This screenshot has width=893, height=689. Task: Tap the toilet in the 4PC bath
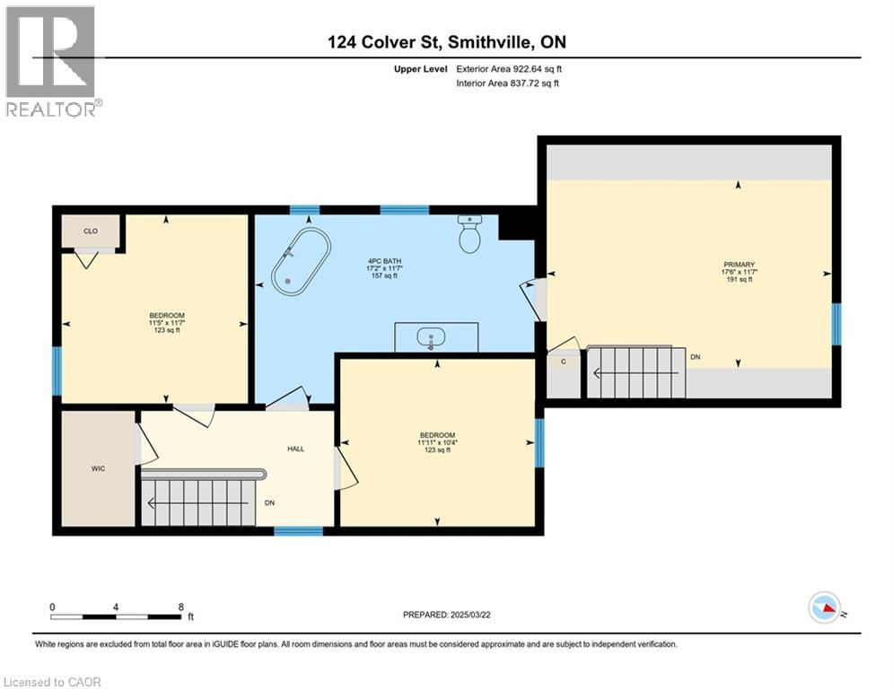(470, 236)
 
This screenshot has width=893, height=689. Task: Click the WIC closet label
(98, 469)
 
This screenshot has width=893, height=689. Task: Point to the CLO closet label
(91, 231)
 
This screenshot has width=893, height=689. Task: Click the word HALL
(295, 449)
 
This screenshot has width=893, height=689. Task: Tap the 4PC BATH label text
(381, 260)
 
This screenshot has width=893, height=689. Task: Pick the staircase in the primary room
(635, 371)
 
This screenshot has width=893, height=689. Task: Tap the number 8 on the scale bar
(181, 606)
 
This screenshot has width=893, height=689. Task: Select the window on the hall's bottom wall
(298, 531)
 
